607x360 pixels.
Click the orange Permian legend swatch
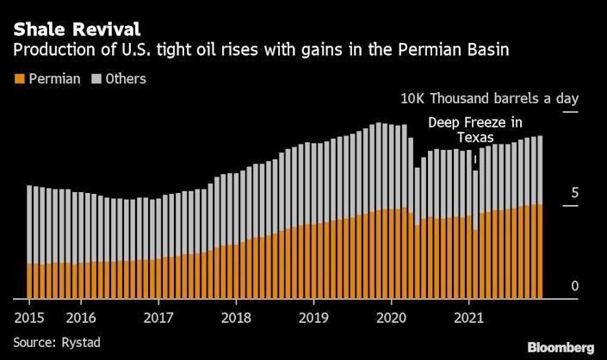click(20, 79)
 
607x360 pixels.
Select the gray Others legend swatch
click(96, 79)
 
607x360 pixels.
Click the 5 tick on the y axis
click(574, 193)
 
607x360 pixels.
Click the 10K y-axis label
click(412, 99)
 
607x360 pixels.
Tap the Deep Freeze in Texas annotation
click(474, 130)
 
